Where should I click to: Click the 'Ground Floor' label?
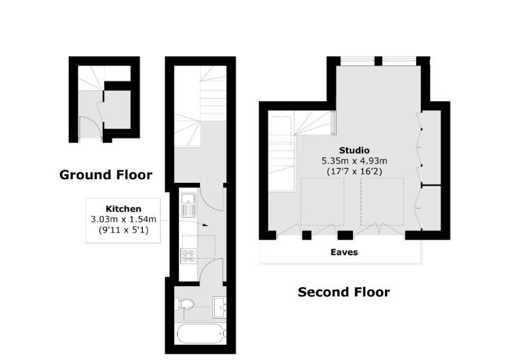coord(106,175)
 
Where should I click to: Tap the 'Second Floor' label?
coord(343,292)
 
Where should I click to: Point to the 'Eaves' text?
coord(343,252)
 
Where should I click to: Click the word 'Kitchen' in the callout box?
coord(123,209)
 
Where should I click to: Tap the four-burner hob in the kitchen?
coord(189,256)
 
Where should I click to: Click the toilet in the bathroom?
coord(187,305)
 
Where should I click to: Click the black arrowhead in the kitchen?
coord(205,225)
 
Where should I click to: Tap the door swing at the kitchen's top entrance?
coord(212,198)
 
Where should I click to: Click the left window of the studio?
coord(357,61)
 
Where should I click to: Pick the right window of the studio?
coord(399,61)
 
